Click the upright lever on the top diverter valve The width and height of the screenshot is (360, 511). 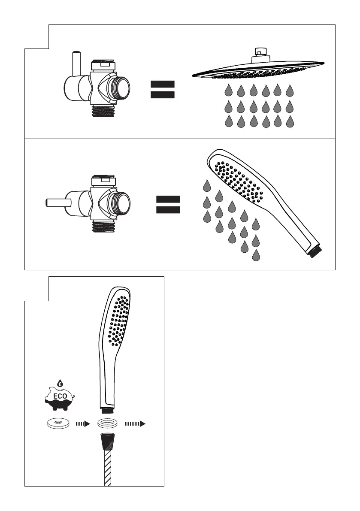click(76, 61)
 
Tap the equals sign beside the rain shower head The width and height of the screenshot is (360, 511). click(163, 90)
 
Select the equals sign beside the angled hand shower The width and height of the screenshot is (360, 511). click(168, 204)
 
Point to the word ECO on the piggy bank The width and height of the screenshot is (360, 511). click(60, 396)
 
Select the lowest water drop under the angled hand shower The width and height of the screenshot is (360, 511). click(257, 256)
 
